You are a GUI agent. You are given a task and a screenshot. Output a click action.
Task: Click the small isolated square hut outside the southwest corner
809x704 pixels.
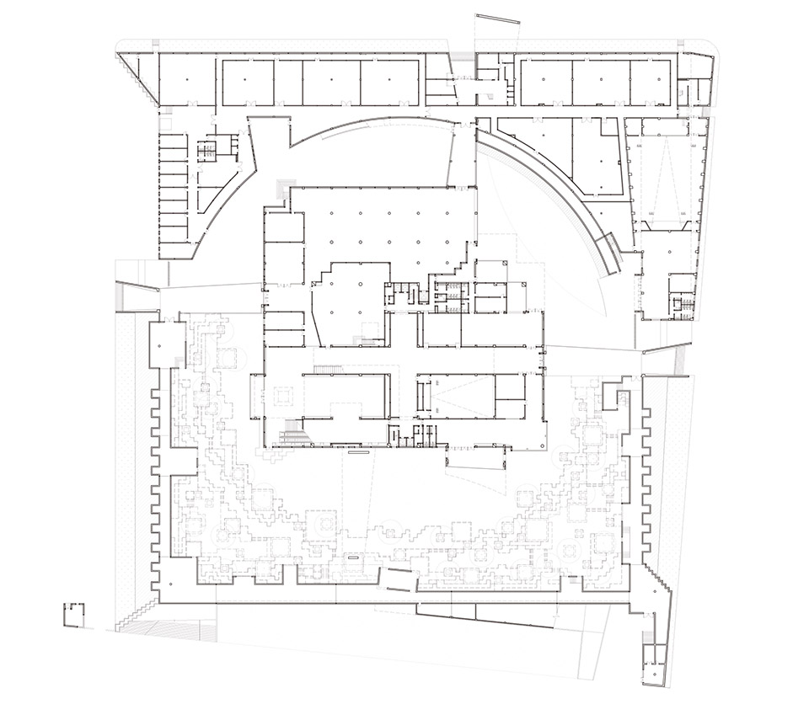[77, 615]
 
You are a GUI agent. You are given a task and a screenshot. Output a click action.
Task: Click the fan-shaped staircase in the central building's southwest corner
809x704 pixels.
[294, 435]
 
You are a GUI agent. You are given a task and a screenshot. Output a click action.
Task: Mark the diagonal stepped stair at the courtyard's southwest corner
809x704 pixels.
[135, 619]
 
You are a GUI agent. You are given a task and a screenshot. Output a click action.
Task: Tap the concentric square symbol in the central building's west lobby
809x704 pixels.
[282, 394]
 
